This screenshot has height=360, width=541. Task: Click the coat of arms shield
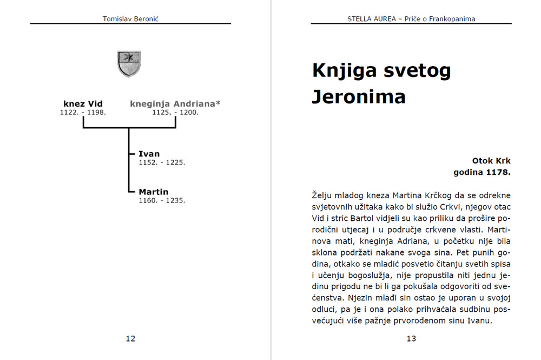(129, 63)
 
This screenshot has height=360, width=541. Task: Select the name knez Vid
(83, 104)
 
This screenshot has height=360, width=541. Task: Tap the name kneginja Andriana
(175, 104)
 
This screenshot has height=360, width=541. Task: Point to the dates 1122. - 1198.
(83, 113)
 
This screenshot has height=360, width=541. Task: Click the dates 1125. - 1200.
(175, 113)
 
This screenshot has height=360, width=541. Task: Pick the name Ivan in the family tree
(149, 154)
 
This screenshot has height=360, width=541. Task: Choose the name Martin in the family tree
(154, 192)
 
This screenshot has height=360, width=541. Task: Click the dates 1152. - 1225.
(162, 162)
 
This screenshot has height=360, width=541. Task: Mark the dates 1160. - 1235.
(162, 200)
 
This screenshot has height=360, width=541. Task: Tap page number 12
(130, 339)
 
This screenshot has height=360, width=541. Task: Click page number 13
(411, 339)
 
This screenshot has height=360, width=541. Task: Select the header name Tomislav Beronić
(130, 19)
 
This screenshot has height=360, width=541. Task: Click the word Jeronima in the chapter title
(359, 97)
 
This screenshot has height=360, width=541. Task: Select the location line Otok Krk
(491, 161)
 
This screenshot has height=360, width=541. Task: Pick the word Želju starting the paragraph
(323, 195)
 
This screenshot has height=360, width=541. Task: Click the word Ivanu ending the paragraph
(496, 321)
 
